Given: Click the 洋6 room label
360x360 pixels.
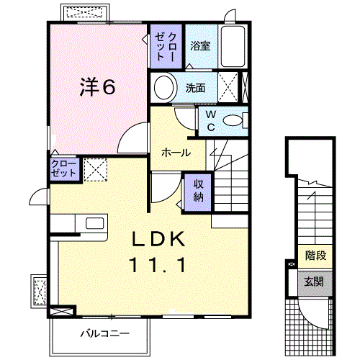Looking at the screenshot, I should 96,87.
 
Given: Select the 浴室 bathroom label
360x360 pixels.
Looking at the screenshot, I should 199,45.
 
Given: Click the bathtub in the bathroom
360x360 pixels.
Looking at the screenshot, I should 234,46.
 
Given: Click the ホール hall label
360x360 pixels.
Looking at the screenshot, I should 176,153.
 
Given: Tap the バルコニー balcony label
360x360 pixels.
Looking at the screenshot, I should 104,333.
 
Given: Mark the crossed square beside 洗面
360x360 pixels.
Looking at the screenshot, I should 228,89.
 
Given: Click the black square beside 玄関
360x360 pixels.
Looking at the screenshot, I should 291,265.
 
